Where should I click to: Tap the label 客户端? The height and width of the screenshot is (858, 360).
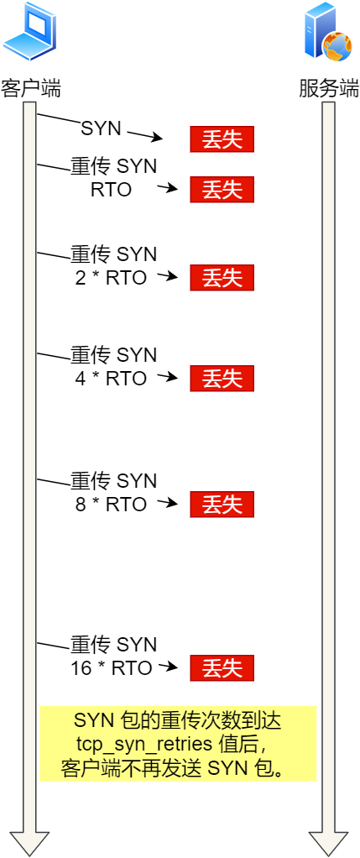click(x=30, y=88)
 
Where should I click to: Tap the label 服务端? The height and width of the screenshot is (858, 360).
click(x=328, y=88)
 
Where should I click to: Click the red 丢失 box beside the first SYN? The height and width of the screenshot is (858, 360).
click(x=222, y=139)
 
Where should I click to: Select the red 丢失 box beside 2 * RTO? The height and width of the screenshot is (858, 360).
click(x=222, y=277)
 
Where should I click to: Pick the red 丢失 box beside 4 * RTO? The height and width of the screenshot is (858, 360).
click(x=222, y=378)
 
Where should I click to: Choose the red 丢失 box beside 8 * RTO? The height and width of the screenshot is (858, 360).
click(x=222, y=505)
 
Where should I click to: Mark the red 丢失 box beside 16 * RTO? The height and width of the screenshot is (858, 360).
click(x=222, y=668)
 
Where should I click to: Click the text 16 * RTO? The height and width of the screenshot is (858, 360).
click(x=112, y=668)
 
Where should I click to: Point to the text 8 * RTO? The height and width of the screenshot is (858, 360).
click(x=111, y=505)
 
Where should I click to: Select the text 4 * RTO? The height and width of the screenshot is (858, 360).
click(x=111, y=378)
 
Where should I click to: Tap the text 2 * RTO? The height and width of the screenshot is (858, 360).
click(x=111, y=277)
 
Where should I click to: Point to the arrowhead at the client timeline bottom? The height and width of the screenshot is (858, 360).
click(x=29, y=843)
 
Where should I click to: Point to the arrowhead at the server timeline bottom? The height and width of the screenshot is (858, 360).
click(x=328, y=843)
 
